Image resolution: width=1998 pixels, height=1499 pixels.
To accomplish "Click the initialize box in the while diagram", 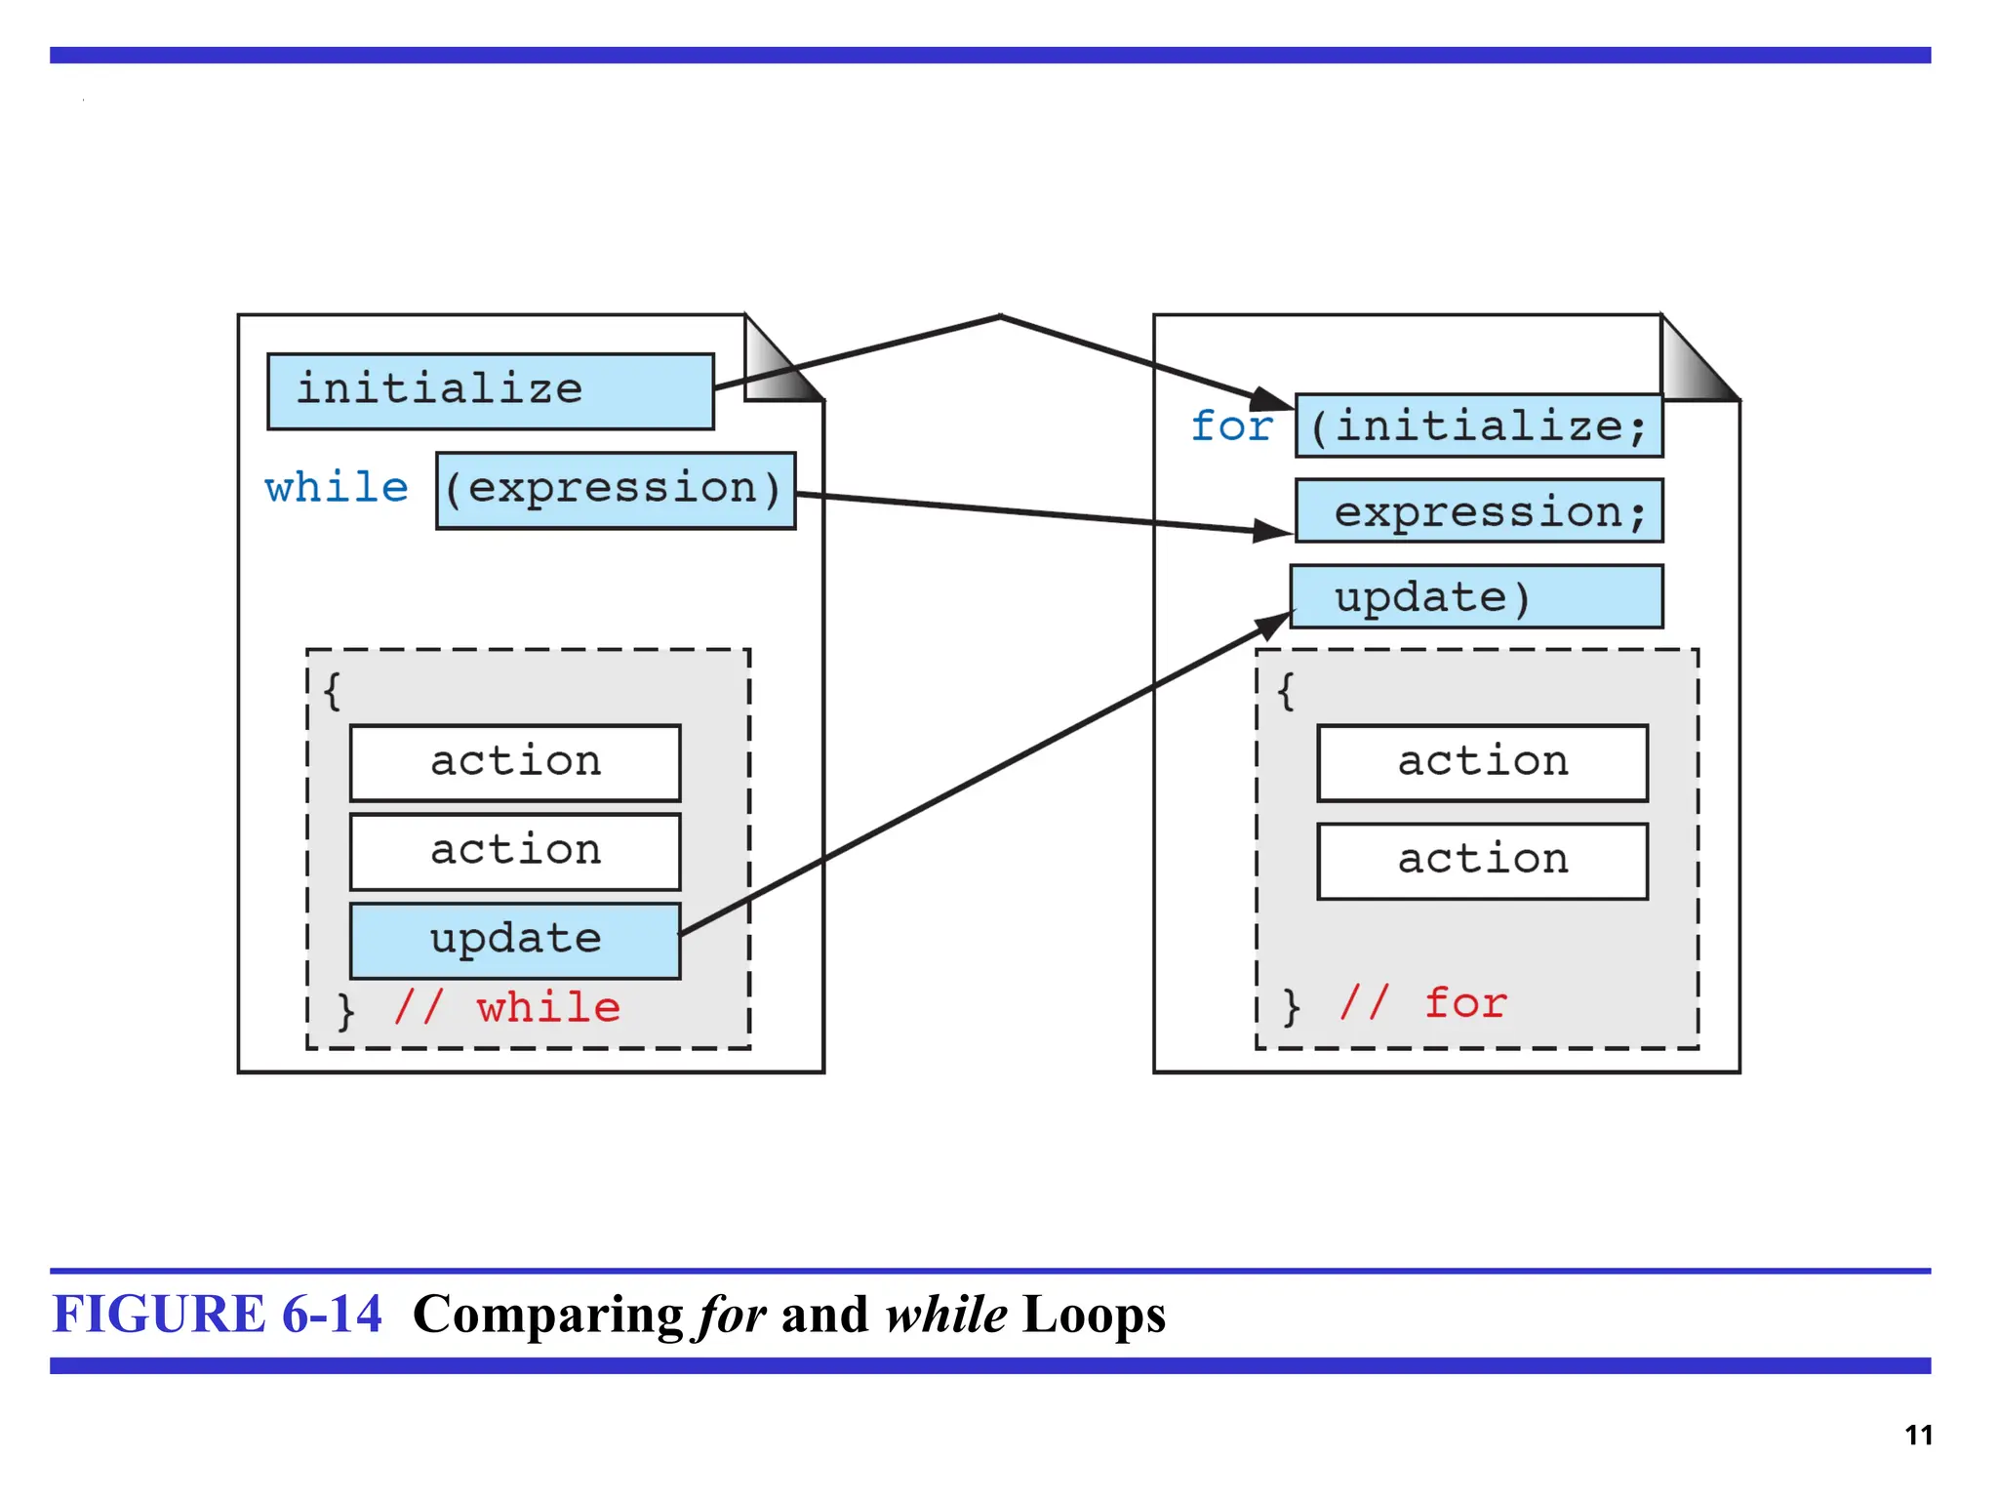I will pos(490,391).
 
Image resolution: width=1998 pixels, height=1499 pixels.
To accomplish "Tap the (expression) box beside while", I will pos(615,490).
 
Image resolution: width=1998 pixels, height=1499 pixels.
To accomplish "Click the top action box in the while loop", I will pos(515,762).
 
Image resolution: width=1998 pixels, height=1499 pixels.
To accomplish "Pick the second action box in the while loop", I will pos(515,851).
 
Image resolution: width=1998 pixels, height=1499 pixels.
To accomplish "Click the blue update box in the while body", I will pos(515,940).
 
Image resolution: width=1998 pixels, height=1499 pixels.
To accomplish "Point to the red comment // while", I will pos(507,1007).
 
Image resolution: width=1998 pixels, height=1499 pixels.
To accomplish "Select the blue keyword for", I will pos(1231,426).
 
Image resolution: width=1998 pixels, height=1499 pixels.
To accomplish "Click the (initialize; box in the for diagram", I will pos(1478,426).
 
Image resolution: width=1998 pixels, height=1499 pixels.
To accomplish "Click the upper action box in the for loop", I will pos(1482,762).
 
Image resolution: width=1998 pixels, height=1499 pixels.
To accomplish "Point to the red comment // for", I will pos(1423,1003).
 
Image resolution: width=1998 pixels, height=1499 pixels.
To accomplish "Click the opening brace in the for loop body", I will pos(1286,692).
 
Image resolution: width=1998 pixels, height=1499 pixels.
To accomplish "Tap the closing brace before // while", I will pos(345,1011).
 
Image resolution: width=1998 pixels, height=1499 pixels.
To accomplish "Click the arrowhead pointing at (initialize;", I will pos(1272,400).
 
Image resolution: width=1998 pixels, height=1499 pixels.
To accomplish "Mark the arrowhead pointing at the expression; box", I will pos(1272,531).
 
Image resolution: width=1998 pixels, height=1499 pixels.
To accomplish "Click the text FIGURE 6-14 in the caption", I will pos(217,1314).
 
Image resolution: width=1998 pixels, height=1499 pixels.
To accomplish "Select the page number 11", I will pos(1918,1435).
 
